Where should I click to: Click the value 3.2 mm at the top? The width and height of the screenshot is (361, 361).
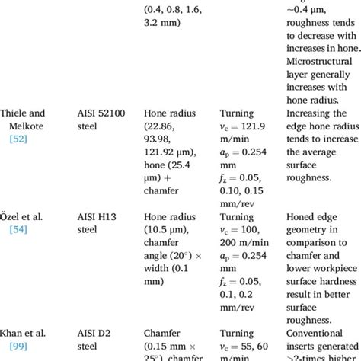tap(161, 24)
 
